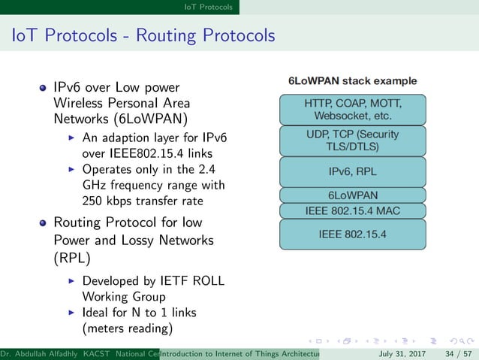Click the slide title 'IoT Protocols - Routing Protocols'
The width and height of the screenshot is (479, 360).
(x=143, y=35)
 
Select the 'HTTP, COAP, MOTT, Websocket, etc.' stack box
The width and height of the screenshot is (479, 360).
(x=353, y=110)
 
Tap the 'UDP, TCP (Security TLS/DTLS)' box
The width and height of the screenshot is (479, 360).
(x=353, y=140)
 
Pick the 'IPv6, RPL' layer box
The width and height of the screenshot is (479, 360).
(x=353, y=171)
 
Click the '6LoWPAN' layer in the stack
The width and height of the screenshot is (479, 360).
(x=353, y=195)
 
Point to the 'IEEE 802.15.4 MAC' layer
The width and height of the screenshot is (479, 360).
(x=353, y=210)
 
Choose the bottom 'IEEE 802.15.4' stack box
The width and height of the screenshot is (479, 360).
(x=353, y=234)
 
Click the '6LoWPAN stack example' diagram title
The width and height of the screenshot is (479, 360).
(x=353, y=80)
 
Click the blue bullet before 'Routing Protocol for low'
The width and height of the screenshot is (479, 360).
(x=44, y=223)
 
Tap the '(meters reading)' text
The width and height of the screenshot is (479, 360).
(x=127, y=328)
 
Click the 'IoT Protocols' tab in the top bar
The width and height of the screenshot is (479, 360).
(x=208, y=7)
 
